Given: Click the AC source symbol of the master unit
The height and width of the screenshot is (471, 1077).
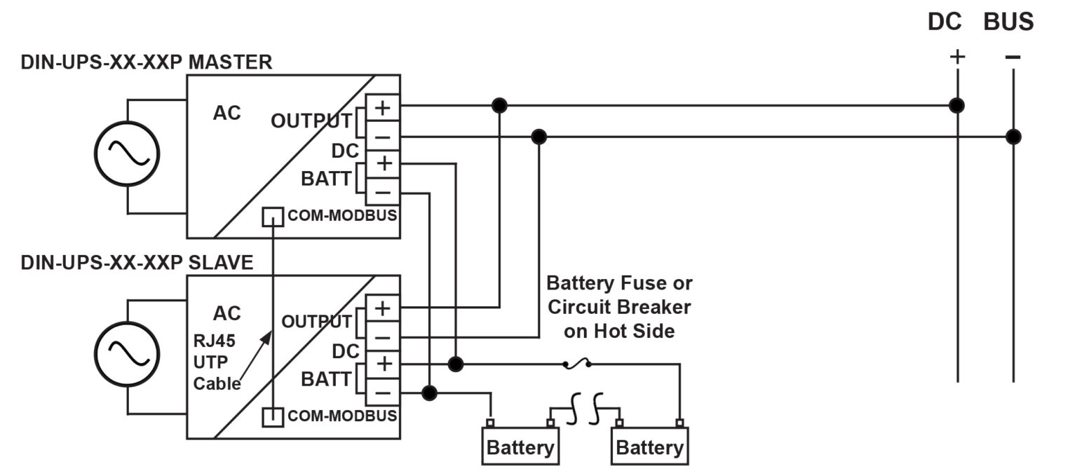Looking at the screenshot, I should click(x=127, y=154).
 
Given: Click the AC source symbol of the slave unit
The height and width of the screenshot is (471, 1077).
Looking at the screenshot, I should click(x=127, y=354).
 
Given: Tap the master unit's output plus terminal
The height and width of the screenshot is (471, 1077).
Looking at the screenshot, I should click(x=383, y=108).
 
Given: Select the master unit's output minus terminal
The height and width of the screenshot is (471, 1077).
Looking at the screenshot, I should click(x=383, y=136).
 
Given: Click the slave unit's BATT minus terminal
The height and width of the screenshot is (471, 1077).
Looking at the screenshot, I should click(x=383, y=392).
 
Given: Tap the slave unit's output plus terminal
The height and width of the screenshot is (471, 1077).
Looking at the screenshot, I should click(x=383, y=308).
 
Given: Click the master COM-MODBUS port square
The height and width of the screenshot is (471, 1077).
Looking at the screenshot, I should click(x=272, y=217).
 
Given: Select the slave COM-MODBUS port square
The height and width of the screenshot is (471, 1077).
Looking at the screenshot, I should click(x=272, y=416).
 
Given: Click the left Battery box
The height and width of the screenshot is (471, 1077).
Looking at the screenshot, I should click(x=520, y=446).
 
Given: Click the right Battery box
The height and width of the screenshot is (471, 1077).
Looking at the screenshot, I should click(x=649, y=446).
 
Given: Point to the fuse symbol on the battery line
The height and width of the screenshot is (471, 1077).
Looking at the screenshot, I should click(x=576, y=364).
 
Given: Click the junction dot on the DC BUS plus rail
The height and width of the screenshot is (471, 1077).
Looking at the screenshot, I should click(x=956, y=106).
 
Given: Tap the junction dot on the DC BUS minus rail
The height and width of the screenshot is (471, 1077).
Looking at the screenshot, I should click(x=1012, y=136).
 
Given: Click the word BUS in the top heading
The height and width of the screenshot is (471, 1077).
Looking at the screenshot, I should click(x=1008, y=22).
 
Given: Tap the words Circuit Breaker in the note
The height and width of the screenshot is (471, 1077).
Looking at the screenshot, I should click(x=619, y=307).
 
